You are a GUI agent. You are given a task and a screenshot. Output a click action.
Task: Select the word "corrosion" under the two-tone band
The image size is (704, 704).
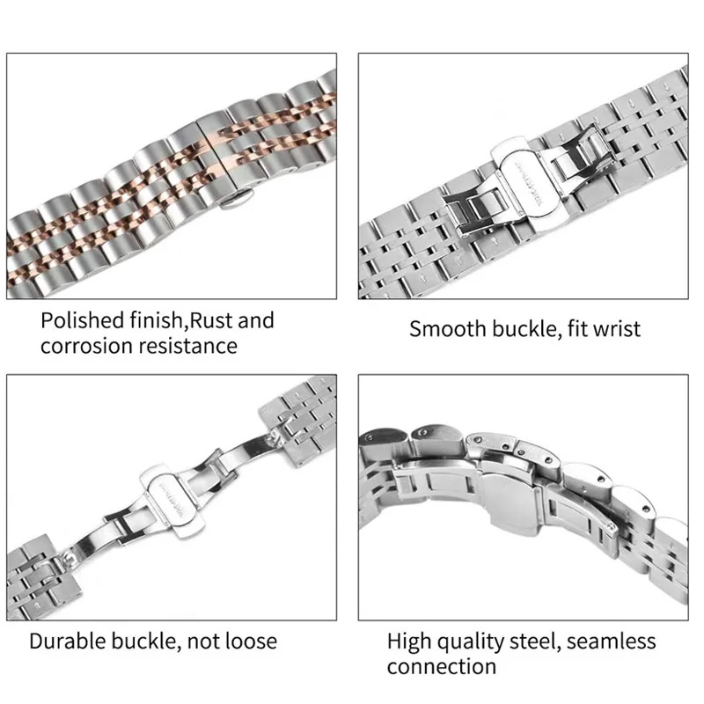tap(84, 346)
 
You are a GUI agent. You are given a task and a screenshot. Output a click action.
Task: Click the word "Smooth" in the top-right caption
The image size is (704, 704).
tap(446, 330)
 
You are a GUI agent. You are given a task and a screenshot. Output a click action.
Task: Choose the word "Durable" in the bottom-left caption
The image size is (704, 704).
tap(67, 641)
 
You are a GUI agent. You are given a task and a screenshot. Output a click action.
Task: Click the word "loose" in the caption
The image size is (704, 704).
tap(250, 641)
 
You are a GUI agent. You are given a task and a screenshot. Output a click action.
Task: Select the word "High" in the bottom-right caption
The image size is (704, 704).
tap(410, 641)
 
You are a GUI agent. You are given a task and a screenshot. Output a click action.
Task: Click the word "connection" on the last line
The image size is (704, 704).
tap(441, 666)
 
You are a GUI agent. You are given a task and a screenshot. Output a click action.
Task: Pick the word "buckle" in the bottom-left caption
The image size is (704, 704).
tap(144, 641)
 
